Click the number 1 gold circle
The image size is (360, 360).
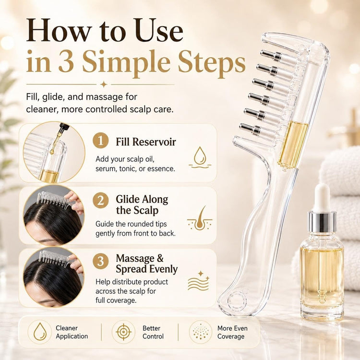[x=101, y=141]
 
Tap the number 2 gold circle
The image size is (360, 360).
[x=101, y=201]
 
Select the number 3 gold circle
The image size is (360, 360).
[x=101, y=261]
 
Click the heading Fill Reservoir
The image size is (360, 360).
[x=146, y=142]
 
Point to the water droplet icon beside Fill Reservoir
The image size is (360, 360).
[x=200, y=157]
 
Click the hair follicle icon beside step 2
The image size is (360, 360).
[x=200, y=218]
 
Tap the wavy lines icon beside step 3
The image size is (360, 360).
[x=199, y=281]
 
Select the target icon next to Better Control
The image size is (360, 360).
[x=123, y=332]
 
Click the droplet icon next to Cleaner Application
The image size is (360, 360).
[x=40, y=332]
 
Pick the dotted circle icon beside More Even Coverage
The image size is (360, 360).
[x=201, y=332]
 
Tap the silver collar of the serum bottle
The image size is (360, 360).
[x=322, y=222]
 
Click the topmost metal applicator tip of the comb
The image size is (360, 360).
[x=271, y=55]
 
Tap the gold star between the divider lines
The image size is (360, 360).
[x=104, y=84]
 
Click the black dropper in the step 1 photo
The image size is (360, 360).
[x=61, y=130]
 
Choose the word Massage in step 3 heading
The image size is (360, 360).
[x=135, y=259]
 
